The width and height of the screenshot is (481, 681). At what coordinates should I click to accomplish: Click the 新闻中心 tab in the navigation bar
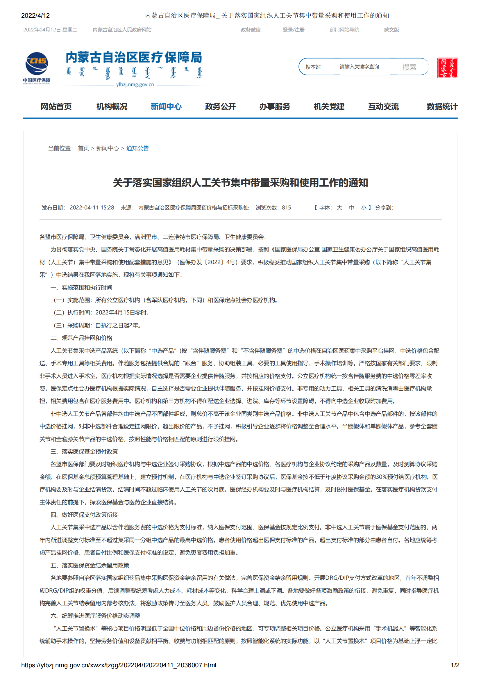(166, 106)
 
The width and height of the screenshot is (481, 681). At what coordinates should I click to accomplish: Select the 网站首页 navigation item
(56, 106)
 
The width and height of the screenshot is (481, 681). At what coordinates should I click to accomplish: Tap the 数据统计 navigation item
(442, 106)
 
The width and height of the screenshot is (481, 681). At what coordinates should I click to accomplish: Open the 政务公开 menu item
(220, 106)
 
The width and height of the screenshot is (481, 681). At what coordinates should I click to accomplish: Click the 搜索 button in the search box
(409, 67)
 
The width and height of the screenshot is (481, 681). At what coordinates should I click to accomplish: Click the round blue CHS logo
(37, 63)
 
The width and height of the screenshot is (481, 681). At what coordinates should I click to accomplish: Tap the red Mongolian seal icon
(447, 67)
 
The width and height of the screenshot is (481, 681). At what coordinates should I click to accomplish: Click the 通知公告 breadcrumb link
(137, 148)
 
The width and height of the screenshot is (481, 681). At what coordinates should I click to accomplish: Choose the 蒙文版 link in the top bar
(391, 30)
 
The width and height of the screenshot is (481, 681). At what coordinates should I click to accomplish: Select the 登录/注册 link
(294, 30)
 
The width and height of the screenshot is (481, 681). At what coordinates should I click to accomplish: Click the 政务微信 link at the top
(251, 30)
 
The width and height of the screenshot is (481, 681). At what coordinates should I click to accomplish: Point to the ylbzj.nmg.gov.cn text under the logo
(135, 85)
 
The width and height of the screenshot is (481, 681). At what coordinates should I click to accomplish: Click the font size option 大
(339, 208)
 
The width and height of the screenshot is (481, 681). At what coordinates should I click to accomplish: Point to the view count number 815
(286, 208)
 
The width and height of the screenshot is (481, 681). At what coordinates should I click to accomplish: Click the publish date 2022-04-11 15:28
(92, 208)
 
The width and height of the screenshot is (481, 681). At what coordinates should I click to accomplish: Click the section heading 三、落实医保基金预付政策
(84, 451)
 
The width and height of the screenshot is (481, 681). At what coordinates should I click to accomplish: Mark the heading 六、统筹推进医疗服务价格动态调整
(95, 616)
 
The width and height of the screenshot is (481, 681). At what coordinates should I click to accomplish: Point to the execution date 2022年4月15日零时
(122, 313)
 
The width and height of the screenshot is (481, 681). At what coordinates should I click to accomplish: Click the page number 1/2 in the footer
(455, 665)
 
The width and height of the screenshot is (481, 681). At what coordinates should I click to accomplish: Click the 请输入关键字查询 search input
(359, 67)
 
